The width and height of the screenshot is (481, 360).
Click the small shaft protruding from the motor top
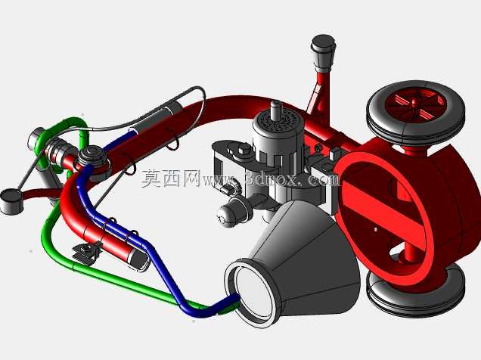coord(276,109)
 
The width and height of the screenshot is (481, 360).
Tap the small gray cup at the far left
coord(11,201)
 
